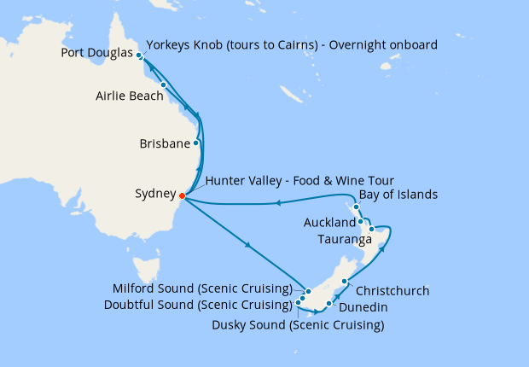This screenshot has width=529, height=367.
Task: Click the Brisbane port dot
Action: (196, 143)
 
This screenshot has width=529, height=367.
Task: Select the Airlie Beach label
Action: (129, 96)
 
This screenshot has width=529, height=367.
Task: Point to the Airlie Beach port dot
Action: (163, 85)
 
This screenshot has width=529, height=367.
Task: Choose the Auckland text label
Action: (329, 223)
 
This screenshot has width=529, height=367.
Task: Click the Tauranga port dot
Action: (371, 230)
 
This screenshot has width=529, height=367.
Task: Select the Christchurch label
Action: (392, 290)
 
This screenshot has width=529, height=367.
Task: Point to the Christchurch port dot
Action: (344, 282)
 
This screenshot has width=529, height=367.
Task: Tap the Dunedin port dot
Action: (328, 303)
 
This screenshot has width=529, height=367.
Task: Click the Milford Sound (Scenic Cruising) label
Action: (202, 288)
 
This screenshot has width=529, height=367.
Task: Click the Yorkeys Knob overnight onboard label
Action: (292, 44)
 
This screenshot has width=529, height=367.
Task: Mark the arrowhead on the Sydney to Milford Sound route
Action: (248, 247)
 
